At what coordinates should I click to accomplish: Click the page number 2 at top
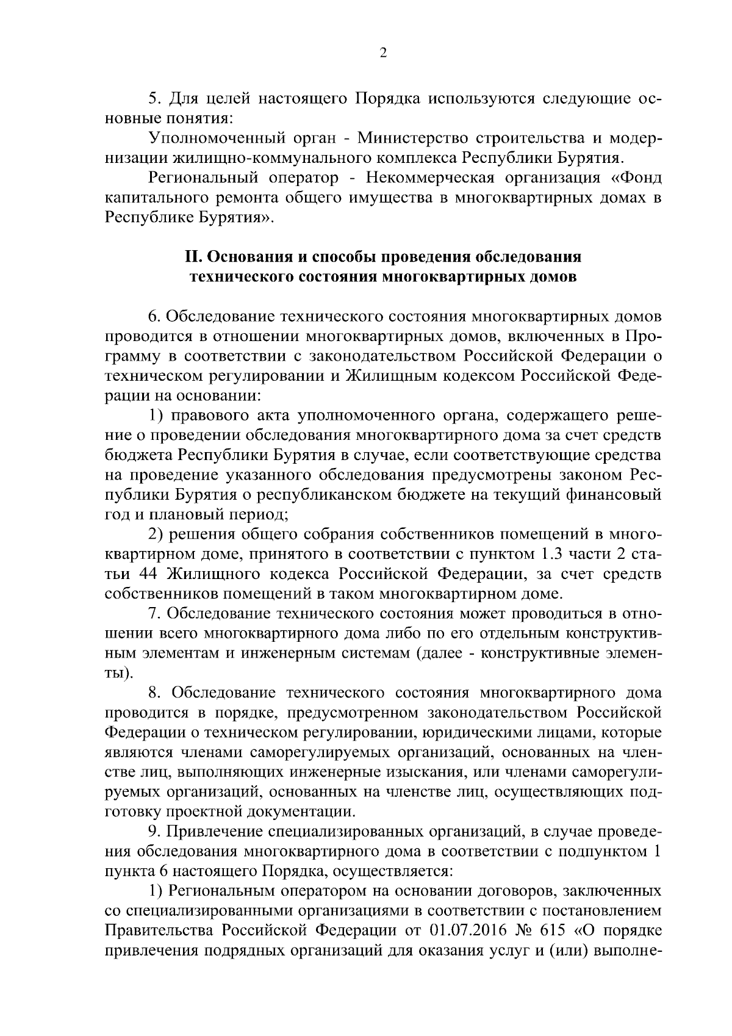383,53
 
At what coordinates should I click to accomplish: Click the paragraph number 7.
153,613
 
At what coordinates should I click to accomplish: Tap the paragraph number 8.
153,692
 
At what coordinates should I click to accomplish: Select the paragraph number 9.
153,832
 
